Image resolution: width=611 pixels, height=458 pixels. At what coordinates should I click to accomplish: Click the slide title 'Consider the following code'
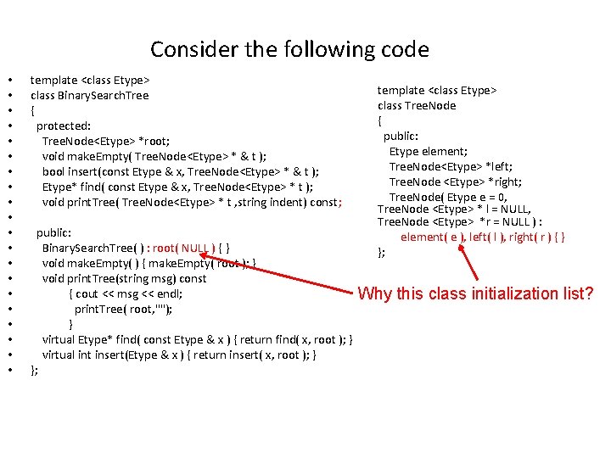289,49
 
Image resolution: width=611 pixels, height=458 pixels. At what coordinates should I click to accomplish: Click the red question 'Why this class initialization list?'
475,294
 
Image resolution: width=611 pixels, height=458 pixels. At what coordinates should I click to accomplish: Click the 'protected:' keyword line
64,126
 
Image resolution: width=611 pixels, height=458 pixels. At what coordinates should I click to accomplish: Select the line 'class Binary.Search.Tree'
89,95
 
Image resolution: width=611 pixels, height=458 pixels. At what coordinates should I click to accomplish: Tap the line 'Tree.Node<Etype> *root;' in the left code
105,141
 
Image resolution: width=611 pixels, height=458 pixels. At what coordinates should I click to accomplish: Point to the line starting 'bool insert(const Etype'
180,171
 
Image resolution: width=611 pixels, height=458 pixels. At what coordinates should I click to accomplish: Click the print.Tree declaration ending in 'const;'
191,202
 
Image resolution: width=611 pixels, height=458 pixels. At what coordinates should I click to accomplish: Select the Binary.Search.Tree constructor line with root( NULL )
135,248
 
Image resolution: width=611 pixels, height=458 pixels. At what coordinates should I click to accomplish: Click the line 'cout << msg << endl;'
126,293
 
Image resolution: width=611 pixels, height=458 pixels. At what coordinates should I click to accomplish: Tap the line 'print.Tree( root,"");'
124,309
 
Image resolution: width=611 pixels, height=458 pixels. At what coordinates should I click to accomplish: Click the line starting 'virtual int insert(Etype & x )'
179,355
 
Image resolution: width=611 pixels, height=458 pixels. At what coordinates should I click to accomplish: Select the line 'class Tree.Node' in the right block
417,105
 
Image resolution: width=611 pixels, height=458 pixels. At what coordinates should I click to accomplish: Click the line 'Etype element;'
428,151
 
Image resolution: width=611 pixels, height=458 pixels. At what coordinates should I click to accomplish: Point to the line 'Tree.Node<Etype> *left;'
451,166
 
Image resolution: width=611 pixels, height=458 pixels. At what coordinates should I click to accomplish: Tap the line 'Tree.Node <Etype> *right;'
455,182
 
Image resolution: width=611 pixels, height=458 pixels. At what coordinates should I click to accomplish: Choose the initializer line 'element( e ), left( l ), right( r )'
482,237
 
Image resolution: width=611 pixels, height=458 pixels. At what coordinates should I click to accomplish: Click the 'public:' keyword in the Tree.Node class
401,136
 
